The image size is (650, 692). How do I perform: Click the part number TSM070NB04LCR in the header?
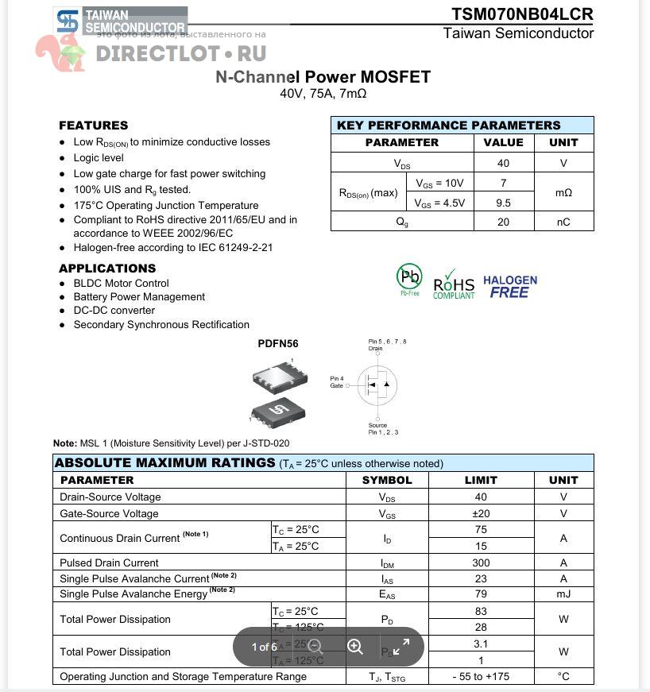tap(522, 14)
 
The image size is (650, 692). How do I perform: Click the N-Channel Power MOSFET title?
tap(323, 77)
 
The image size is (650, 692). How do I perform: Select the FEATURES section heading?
tap(93, 126)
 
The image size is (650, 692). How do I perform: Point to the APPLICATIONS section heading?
tap(107, 269)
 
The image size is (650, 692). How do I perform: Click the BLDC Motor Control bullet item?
tap(121, 283)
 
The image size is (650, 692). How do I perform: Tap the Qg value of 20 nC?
tap(503, 222)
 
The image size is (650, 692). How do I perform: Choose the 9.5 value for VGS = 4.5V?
tap(503, 203)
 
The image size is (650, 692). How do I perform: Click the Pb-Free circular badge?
tap(409, 277)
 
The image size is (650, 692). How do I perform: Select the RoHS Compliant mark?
tap(454, 285)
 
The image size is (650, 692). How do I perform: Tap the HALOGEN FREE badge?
tap(509, 286)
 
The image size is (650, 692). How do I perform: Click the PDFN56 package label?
tap(277, 344)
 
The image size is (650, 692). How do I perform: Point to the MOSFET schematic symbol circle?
tap(377, 385)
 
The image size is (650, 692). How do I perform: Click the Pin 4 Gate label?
tap(337, 382)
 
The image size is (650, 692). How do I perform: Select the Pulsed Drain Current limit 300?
tap(481, 562)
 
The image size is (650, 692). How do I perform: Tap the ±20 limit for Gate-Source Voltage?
tap(481, 514)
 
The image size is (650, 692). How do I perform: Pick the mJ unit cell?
tap(563, 594)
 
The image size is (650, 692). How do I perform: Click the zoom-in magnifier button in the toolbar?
tap(355, 647)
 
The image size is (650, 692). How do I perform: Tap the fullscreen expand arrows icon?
tap(401, 647)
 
